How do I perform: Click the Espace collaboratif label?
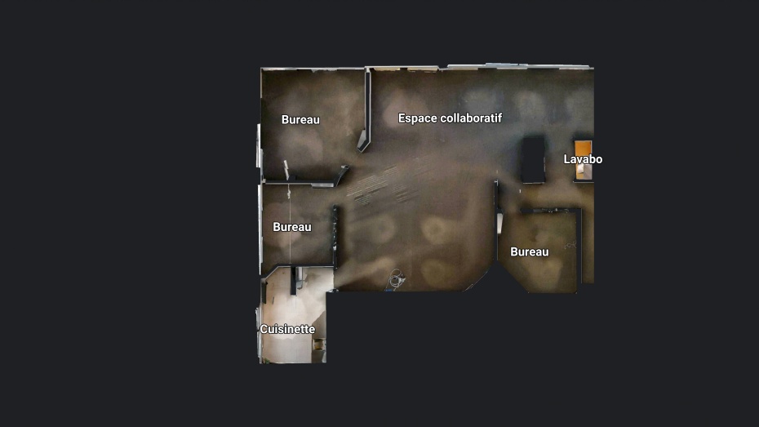tap(450, 118)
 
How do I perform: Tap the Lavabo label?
tap(583, 159)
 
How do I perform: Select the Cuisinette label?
tap(287, 329)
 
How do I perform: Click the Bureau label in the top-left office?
tap(300, 119)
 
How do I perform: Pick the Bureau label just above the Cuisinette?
tap(292, 227)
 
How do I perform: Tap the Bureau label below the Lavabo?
tap(530, 251)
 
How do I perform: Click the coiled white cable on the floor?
tap(397, 279)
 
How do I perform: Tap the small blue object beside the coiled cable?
tap(388, 290)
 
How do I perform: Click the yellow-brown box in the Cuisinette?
tap(318, 345)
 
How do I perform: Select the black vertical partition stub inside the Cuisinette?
tap(293, 281)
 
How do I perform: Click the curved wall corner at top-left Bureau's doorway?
tap(342, 174)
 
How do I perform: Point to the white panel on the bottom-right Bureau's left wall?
tap(499, 224)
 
